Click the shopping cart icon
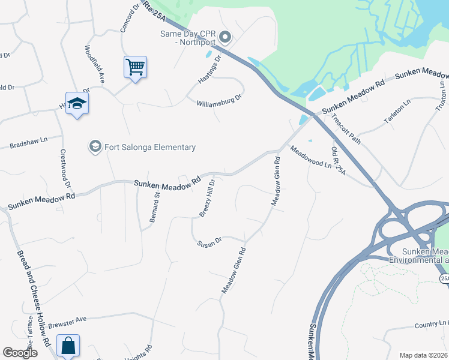(136, 67)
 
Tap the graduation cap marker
(77, 103)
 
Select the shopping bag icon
(68, 346)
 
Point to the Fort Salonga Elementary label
(150, 147)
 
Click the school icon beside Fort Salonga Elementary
(95, 146)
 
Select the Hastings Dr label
(211, 70)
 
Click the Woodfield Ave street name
(95, 64)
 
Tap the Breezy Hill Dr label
(207, 198)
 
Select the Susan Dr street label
(209, 242)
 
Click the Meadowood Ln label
(310, 157)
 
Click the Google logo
(20, 352)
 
